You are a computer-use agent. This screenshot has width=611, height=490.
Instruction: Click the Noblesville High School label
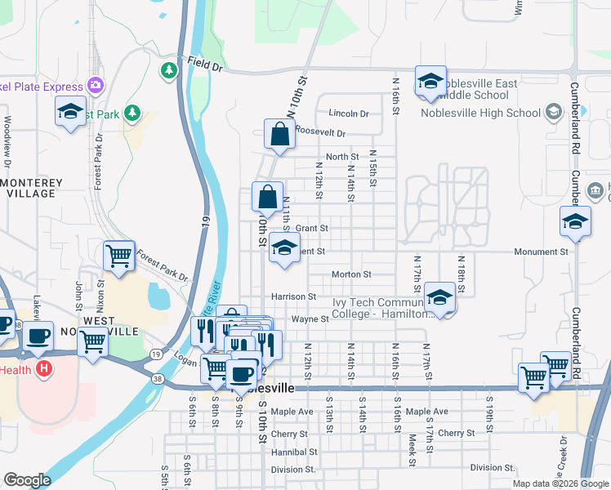coord(479,113)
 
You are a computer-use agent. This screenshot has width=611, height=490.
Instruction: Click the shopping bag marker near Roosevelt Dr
coord(279,136)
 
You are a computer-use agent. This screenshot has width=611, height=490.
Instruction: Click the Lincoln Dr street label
coord(349,114)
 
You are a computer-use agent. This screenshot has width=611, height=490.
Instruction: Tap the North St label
coord(342,157)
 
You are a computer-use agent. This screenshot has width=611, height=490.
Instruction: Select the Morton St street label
coord(352,274)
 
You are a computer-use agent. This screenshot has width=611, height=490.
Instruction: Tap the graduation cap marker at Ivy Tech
coord(439,298)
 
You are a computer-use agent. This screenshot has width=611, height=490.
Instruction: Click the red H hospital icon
coord(44,368)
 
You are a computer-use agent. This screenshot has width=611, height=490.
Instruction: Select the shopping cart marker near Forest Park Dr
coord(119,256)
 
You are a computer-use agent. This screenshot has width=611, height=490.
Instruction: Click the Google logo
coord(27,480)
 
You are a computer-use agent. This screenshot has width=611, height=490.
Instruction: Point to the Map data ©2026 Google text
coord(560,483)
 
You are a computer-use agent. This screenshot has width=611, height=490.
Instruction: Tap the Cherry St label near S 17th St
coord(456,433)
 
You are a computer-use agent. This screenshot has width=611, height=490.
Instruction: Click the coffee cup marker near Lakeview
coord(38,336)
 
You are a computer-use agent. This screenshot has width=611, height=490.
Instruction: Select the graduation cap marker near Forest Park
coord(71,111)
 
